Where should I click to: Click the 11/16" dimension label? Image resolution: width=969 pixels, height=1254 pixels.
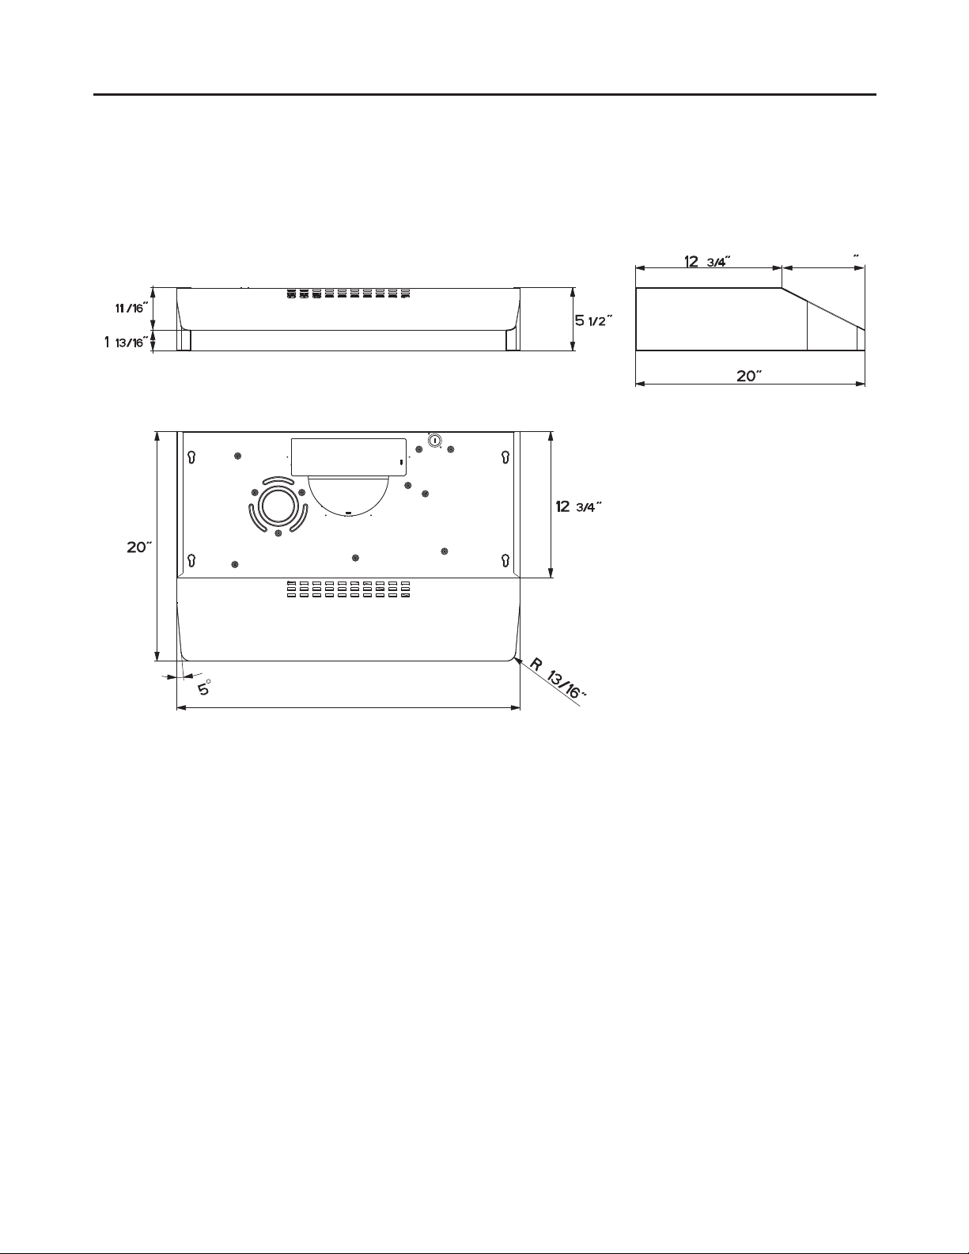coord(129,309)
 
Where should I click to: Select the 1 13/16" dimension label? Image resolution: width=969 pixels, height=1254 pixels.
coord(124,343)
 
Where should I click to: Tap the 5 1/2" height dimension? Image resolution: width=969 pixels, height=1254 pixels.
coord(593,320)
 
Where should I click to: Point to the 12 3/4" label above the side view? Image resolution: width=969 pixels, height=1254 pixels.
coord(708,261)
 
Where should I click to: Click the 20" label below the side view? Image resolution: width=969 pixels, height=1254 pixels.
coord(749,376)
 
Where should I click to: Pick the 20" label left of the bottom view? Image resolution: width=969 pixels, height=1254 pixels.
coord(139,547)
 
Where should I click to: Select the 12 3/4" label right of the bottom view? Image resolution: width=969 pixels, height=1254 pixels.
coord(578,506)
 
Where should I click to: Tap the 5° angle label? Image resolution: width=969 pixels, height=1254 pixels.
coord(205,688)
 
